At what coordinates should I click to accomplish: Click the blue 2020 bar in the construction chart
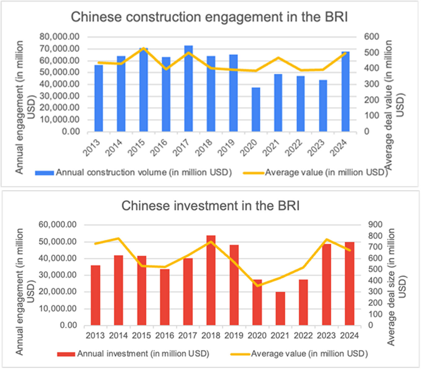[x=256, y=110]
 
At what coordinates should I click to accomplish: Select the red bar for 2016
[x=165, y=297]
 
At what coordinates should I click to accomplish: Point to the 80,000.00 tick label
[x=59, y=37]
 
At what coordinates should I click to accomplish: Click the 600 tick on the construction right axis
[x=371, y=37]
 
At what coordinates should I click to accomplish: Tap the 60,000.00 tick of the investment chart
[x=58, y=225]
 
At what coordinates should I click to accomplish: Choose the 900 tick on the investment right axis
[x=375, y=225]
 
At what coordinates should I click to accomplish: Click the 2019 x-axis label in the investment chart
[x=234, y=335]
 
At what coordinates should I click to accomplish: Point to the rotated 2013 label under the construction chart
[x=92, y=147]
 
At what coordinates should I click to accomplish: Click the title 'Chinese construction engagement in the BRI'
[x=209, y=17]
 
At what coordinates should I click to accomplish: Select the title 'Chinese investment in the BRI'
[x=211, y=206]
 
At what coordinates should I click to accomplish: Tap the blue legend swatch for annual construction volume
[x=45, y=173]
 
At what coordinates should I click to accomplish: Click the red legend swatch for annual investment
[x=66, y=354]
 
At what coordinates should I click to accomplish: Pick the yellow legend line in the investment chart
[x=240, y=354]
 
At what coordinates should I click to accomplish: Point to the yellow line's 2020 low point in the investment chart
[x=257, y=286]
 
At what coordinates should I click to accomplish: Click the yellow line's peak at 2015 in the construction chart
[x=144, y=48]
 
